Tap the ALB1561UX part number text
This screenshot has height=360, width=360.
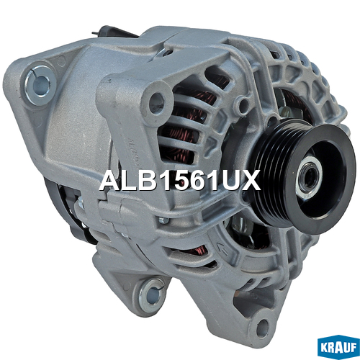point(180,181)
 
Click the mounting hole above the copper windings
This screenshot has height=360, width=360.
point(157,102)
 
